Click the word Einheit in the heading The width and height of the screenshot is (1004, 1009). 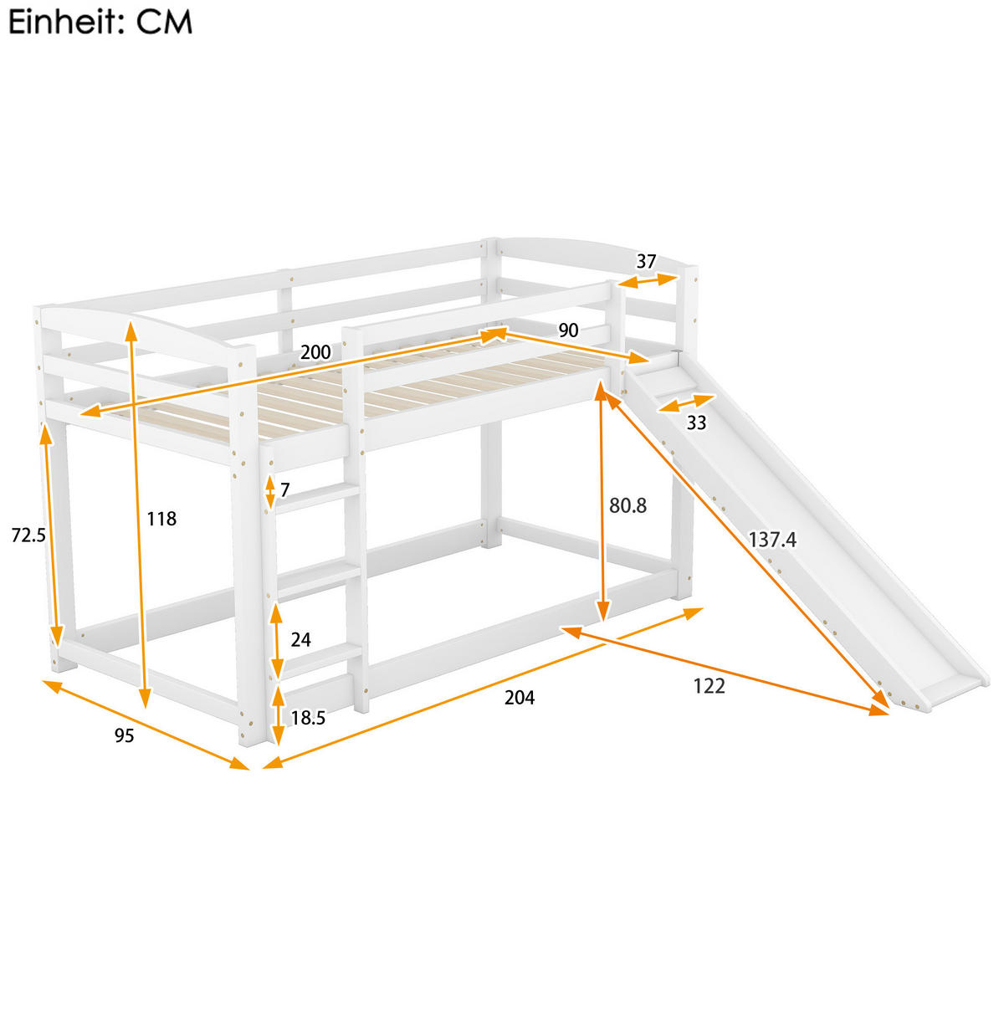click(x=61, y=23)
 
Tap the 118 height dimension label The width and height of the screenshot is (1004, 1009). click(x=161, y=519)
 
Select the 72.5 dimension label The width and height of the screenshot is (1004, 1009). click(x=28, y=535)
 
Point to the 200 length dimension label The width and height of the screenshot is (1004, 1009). click(x=315, y=352)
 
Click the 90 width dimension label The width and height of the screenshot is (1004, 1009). click(x=568, y=330)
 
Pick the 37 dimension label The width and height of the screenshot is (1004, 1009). click(x=646, y=261)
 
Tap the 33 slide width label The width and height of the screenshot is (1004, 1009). click(x=696, y=423)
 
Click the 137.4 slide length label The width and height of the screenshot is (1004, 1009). click(x=771, y=540)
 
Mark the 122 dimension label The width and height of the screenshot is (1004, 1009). click(x=709, y=685)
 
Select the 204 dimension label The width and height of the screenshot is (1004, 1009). click(x=519, y=697)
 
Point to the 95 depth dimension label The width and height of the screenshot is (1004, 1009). click(x=124, y=735)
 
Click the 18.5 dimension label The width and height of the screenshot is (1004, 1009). click(x=308, y=717)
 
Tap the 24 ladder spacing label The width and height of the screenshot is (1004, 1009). click(x=300, y=639)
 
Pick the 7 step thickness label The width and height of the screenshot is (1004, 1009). click(x=284, y=490)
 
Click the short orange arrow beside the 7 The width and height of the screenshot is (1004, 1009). click(x=269, y=491)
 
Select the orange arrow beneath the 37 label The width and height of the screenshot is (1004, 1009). click(x=648, y=280)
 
